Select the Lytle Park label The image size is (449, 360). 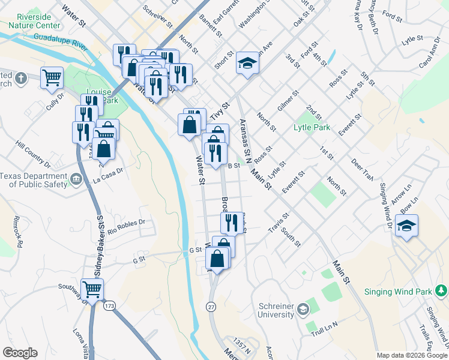[312, 127]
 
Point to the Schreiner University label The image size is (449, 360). [276, 310]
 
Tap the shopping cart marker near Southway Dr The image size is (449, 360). [92, 289]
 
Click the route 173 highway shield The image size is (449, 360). [109, 306]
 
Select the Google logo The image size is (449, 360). [20, 353]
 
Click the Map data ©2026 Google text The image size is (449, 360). [412, 355]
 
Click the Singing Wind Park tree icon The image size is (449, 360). [442, 292]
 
